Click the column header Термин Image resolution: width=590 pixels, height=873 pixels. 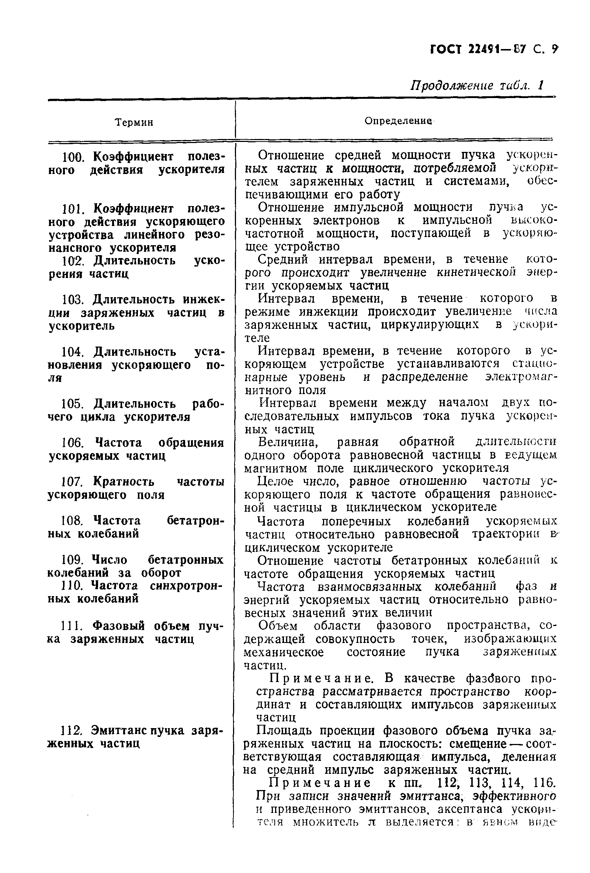134,122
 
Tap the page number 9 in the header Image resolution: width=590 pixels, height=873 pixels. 555,49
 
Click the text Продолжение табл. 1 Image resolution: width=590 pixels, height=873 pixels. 476,86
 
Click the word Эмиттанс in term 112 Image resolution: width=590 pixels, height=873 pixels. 119,731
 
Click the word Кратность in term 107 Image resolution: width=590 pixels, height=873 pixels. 124,481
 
